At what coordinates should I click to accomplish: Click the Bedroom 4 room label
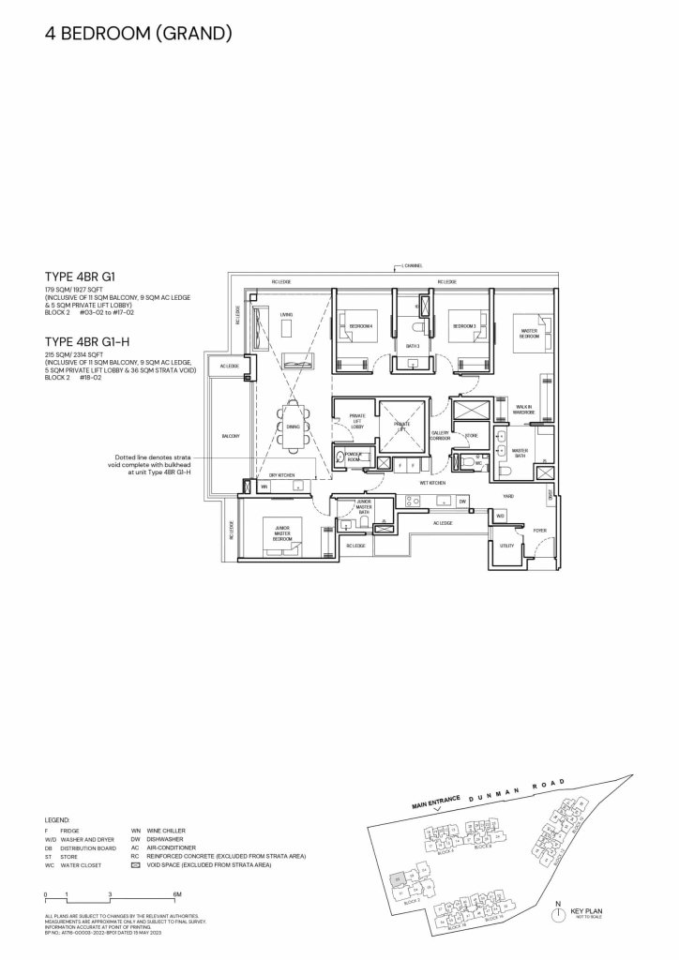(362, 326)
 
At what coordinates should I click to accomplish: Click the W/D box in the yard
(500, 517)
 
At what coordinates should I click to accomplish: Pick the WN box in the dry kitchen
(264, 487)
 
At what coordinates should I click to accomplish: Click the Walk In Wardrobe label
(524, 410)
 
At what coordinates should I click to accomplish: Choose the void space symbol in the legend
(137, 865)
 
